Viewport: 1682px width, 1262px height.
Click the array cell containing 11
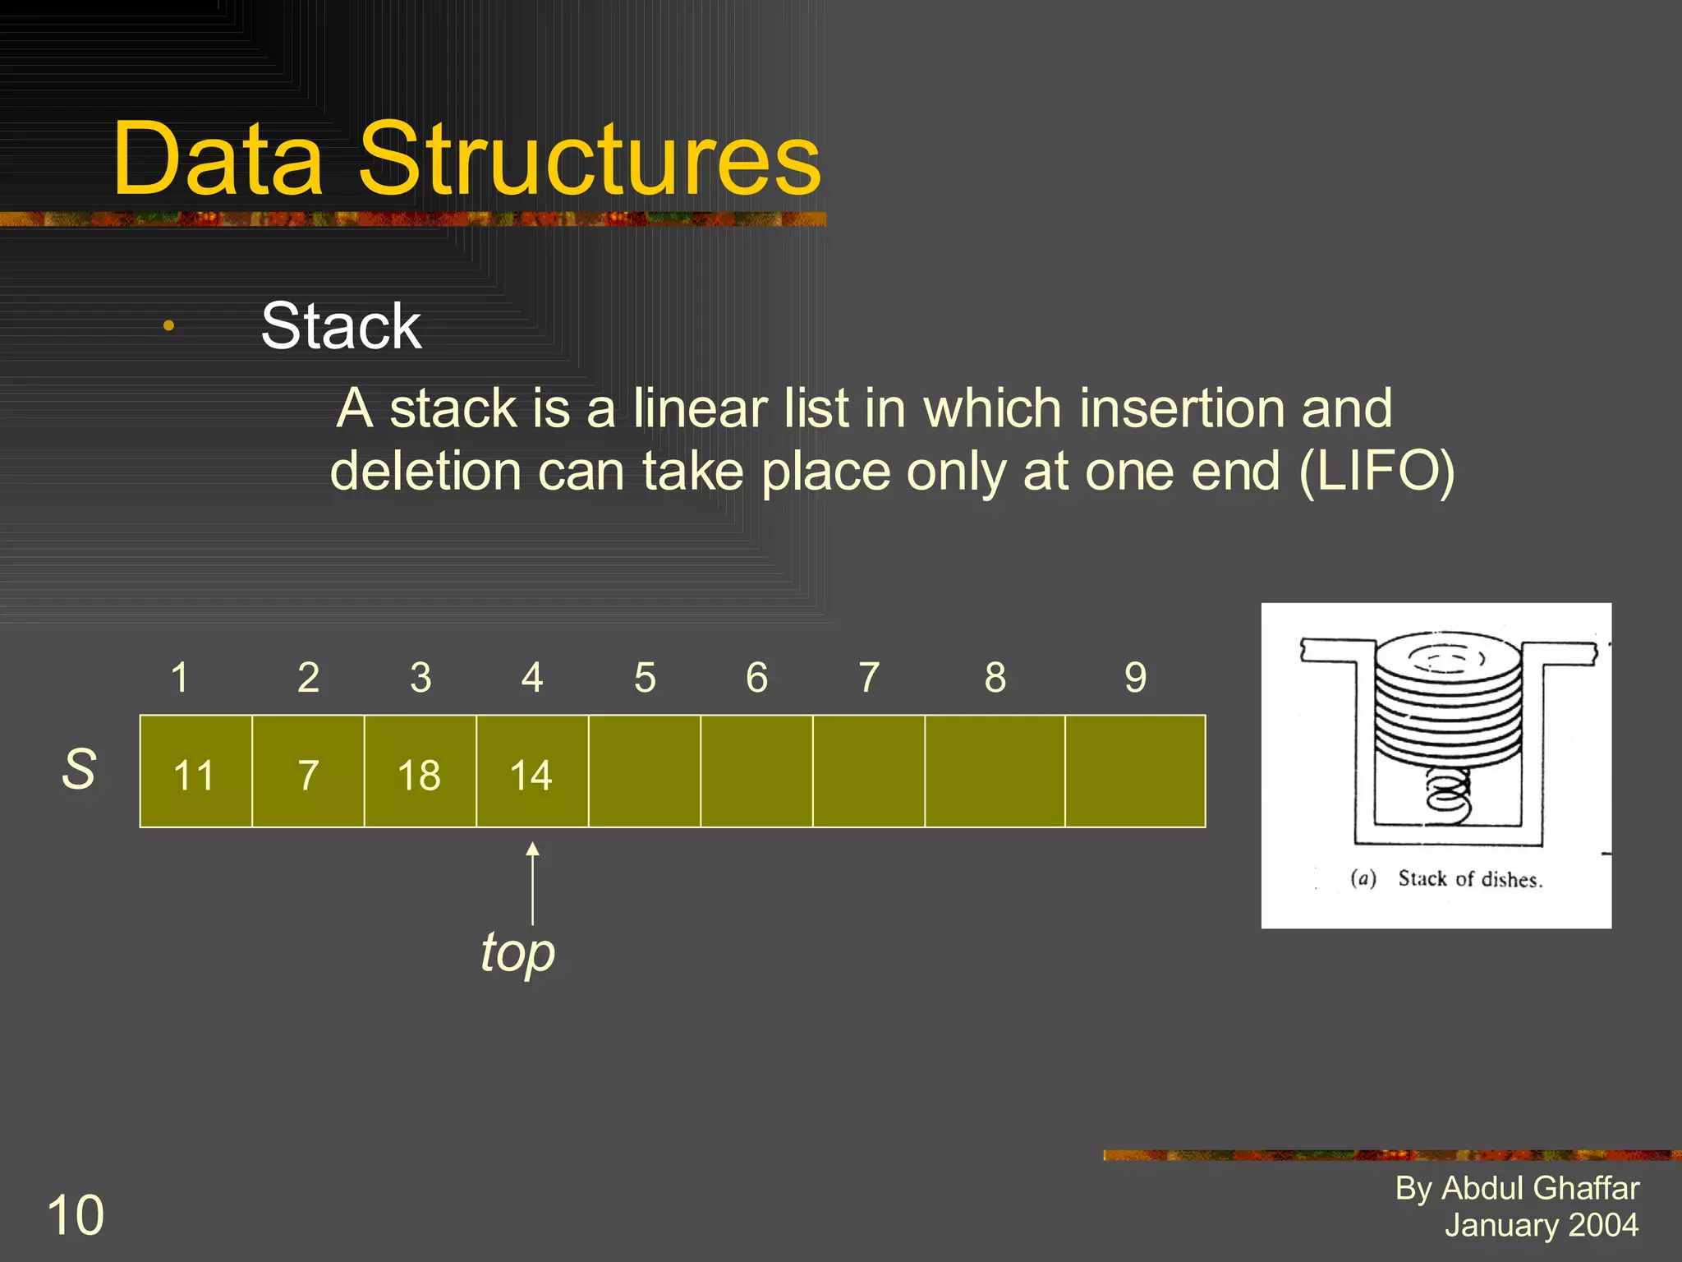point(195,772)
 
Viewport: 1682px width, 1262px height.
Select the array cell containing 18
point(420,772)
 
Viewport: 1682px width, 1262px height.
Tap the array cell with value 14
point(531,772)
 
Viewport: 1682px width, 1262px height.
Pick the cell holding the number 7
point(308,772)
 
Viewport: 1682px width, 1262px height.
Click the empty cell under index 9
point(1135,771)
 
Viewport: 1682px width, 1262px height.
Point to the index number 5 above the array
point(645,678)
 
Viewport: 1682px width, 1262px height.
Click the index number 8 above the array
point(995,678)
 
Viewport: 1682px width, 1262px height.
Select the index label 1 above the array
point(180,678)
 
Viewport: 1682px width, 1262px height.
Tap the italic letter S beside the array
point(79,770)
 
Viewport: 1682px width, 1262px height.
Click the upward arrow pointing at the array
point(532,883)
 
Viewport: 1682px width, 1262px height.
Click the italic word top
point(518,953)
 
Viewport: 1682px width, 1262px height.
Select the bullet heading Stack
point(341,326)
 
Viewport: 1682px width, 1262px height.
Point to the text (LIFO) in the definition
point(1376,472)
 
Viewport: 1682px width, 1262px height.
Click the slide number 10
point(76,1215)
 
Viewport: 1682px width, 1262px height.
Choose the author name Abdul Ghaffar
point(1540,1189)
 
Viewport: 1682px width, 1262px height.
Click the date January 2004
point(1542,1225)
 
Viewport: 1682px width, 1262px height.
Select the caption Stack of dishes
point(1470,879)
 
